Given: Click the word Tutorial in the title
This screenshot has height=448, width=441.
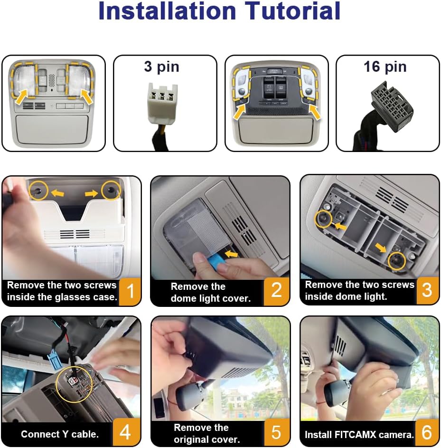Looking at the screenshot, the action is pyautogui.click(x=292, y=11).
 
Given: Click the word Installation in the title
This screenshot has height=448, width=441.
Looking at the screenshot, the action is pyautogui.click(x=167, y=11).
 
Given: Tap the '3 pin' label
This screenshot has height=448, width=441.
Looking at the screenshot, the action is pyautogui.click(x=162, y=67).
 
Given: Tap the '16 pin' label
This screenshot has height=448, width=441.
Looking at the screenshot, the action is pyautogui.click(x=385, y=67).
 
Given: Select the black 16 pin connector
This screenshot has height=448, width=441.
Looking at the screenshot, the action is pyautogui.click(x=392, y=106).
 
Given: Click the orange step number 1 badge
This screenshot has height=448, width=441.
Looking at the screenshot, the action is pyautogui.click(x=130, y=291).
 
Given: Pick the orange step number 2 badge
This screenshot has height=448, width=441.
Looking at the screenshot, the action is pyautogui.click(x=276, y=291).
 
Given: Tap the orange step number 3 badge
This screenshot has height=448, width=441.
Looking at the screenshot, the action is pyautogui.click(x=427, y=290).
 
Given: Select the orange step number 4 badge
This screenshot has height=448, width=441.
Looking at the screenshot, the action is pyautogui.click(x=126, y=432).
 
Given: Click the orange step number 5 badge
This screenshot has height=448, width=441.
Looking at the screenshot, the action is pyautogui.click(x=276, y=432).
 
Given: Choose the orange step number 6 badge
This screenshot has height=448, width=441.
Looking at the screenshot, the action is pyautogui.click(x=427, y=432).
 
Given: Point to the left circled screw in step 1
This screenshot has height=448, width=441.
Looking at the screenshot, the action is pyautogui.click(x=39, y=190).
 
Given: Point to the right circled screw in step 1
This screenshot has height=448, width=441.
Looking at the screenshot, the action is pyautogui.click(x=111, y=190).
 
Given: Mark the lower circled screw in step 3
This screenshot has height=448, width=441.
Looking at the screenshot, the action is pyautogui.click(x=397, y=260).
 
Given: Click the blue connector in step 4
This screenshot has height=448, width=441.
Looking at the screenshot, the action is pyautogui.click(x=53, y=362).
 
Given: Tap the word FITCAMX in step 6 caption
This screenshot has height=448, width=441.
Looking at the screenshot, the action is pyautogui.click(x=356, y=435).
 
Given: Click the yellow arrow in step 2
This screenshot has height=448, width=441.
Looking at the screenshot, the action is pyautogui.click(x=232, y=254).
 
